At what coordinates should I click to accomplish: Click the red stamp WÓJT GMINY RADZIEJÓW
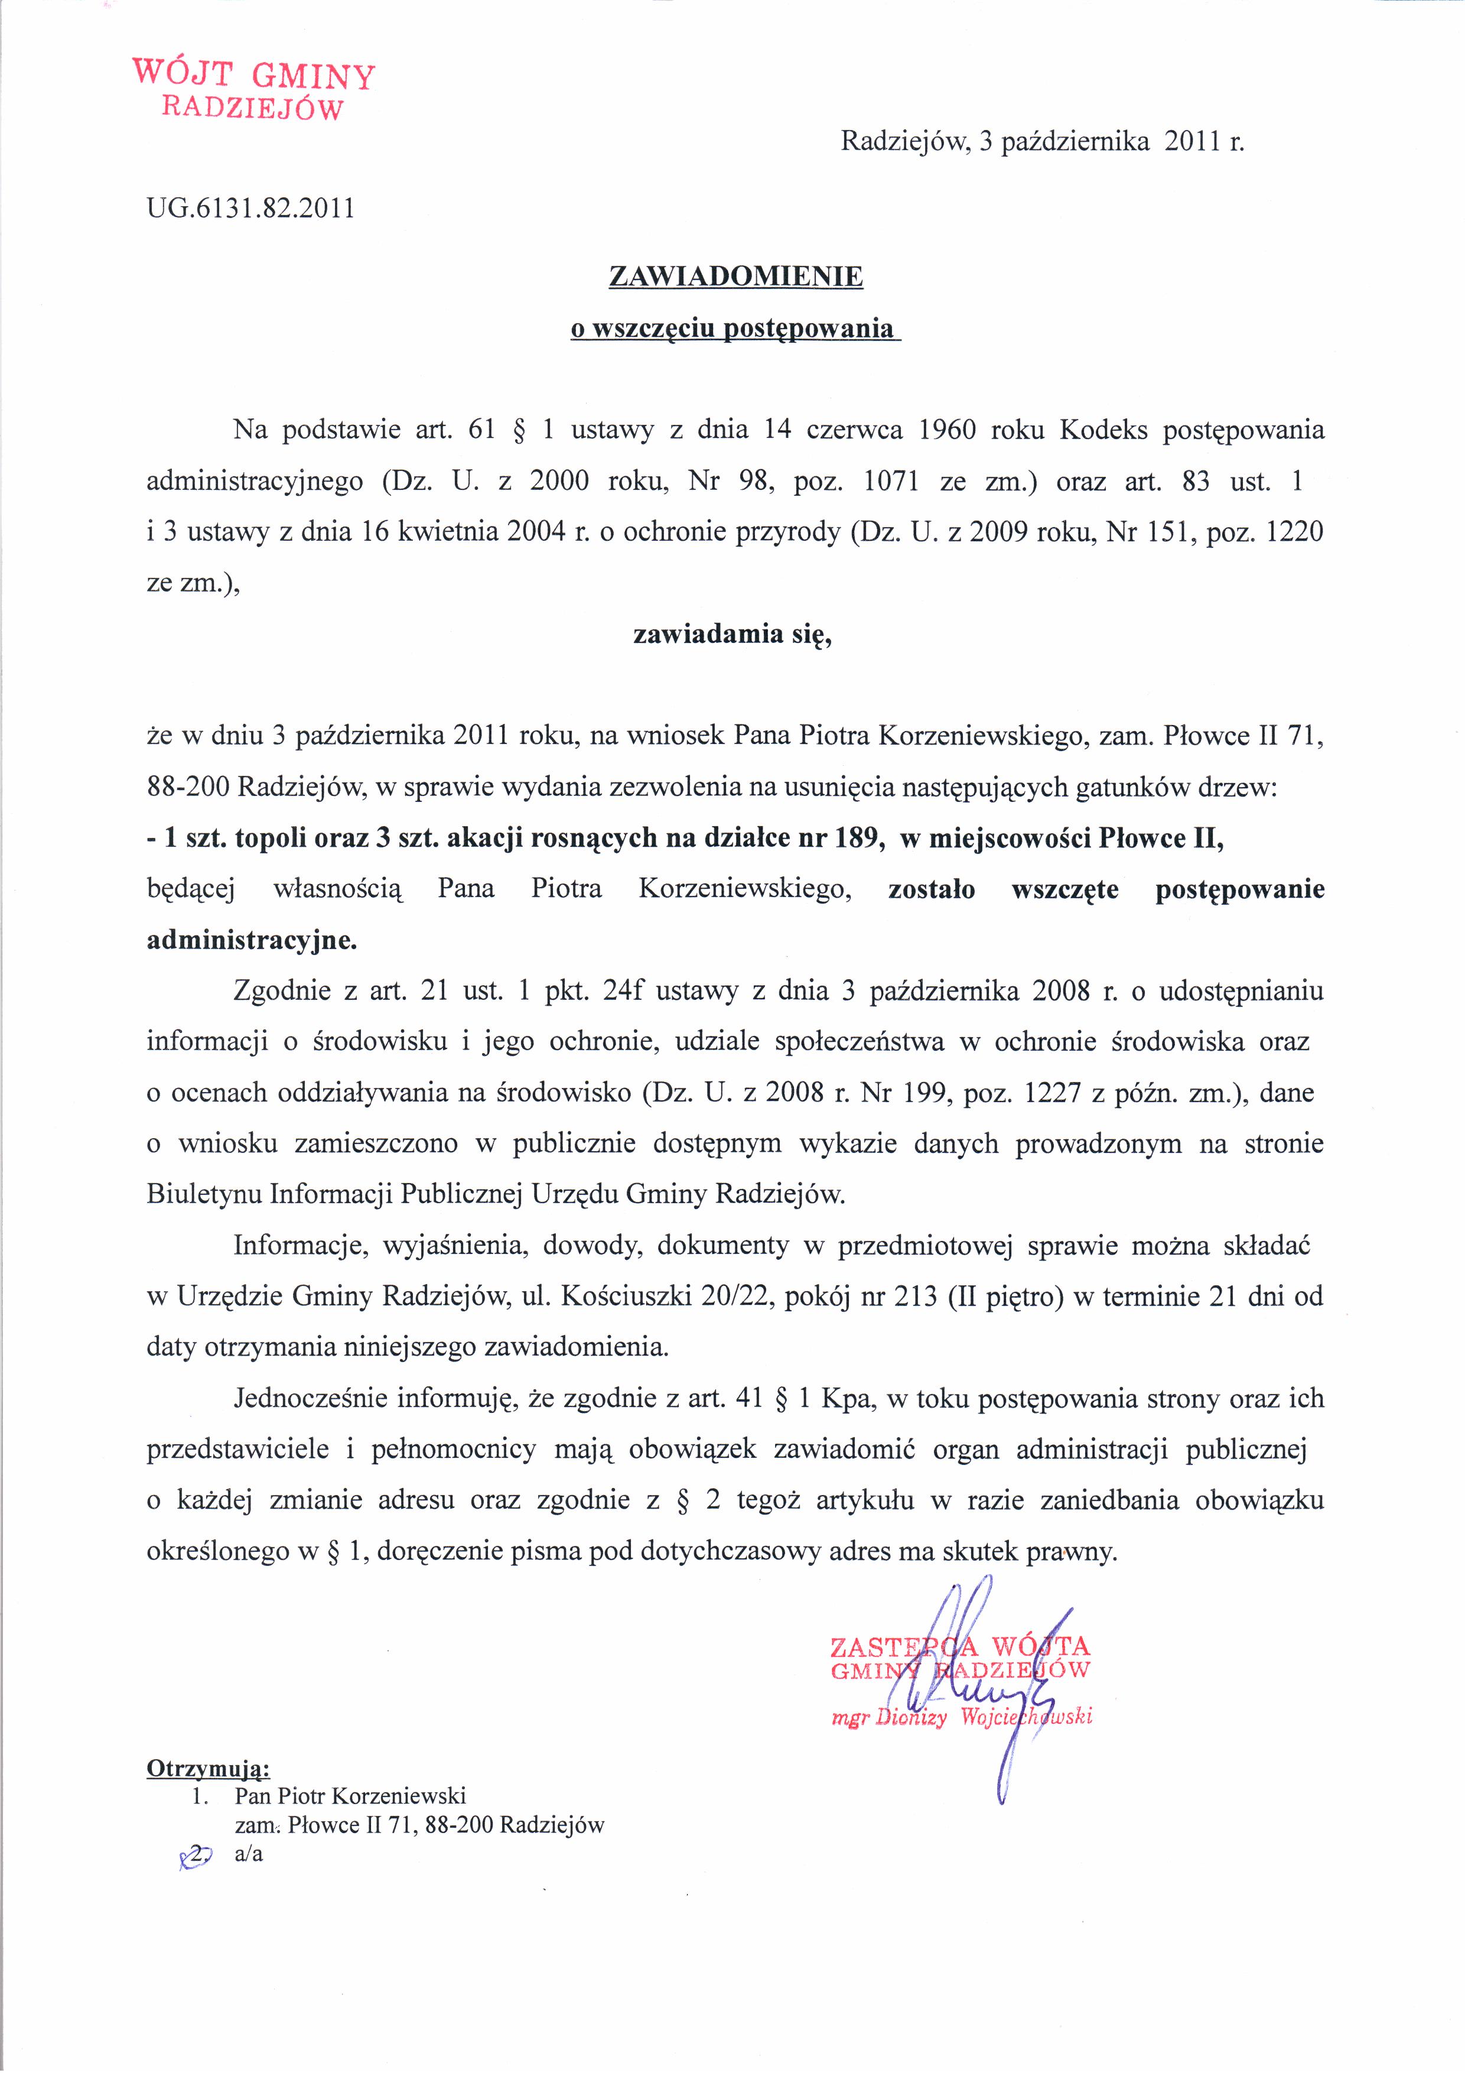click(x=253, y=89)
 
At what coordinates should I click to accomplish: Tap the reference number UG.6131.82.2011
click(x=250, y=209)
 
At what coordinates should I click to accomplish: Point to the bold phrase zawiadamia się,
click(x=732, y=635)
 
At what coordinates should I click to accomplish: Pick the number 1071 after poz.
click(x=891, y=481)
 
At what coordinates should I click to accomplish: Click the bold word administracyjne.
click(x=252, y=941)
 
